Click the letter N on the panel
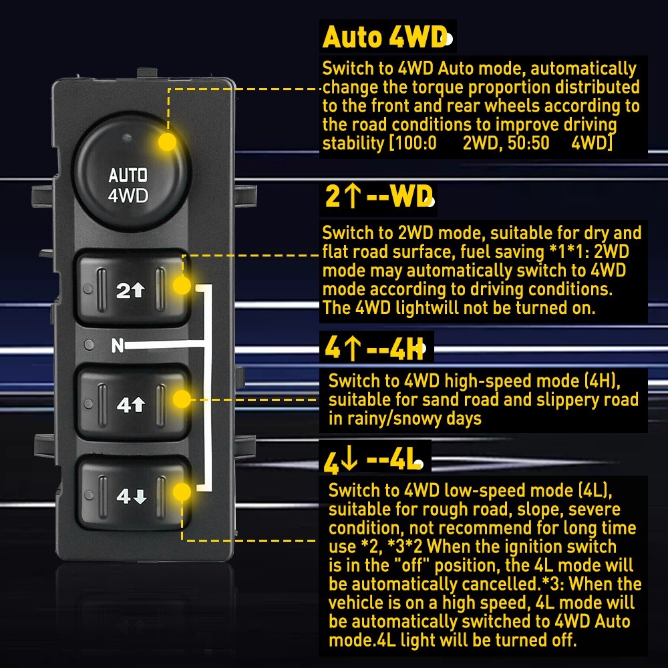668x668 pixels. coord(118,345)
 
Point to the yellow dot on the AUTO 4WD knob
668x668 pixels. coord(168,142)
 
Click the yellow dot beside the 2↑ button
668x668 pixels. coord(182,286)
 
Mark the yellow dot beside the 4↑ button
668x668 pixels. coord(182,399)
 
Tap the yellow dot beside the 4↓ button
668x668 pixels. coord(182,493)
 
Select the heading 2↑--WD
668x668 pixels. coord(377,197)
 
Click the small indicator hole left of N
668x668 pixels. coord(89,345)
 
